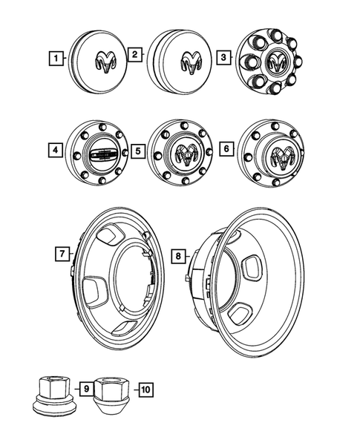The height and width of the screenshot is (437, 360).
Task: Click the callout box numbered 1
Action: pos(53,56)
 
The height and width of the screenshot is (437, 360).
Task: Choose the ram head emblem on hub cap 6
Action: pos(283,155)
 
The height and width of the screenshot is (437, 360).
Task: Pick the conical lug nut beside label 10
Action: pos(113,391)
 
